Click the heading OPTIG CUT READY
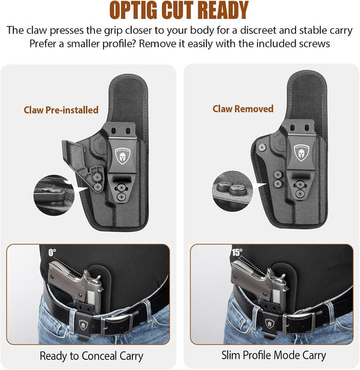pyautogui.click(x=179, y=11)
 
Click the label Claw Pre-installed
pyautogui.click(x=61, y=110)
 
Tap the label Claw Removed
pyautogui.click(x=243, y=108)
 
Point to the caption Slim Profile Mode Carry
pyautogui.click(x=274, y=355)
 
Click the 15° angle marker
pyautogui.click(x=238, y=254)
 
